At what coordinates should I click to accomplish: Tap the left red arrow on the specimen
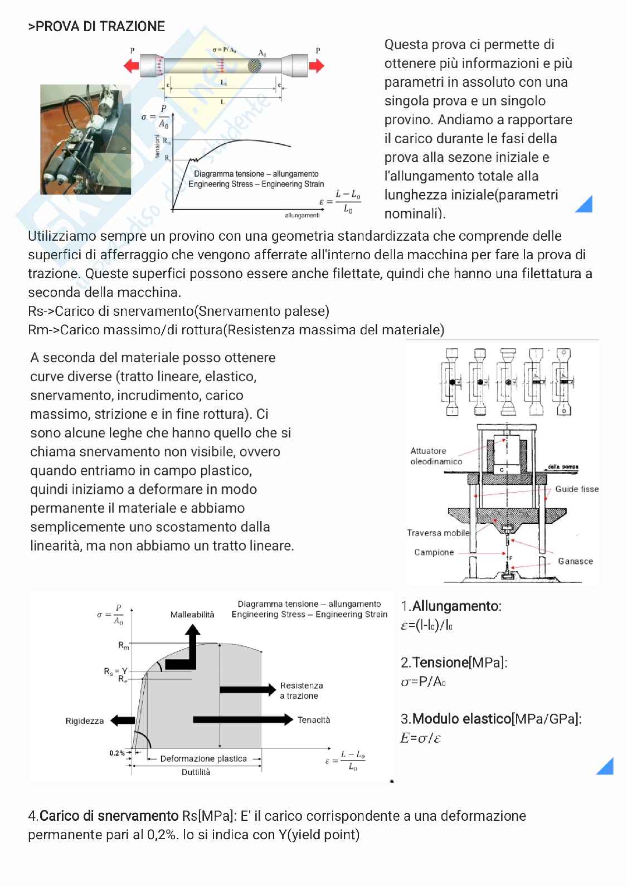[132, 66]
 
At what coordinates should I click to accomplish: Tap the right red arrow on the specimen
[316, 66]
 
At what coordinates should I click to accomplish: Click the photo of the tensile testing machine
[85, 139]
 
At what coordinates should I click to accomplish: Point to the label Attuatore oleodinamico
[436, 456]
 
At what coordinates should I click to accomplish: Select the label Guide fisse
[576, 489]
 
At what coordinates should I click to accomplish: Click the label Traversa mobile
[438, 533]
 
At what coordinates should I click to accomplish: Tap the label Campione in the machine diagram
[434, 552]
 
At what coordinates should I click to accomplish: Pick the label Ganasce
[575, 561]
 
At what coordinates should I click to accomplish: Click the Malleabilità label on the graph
[192, 615]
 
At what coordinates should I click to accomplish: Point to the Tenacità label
[314, 720]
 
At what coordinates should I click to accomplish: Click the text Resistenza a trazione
[301, 690]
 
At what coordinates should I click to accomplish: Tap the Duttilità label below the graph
[196, 772]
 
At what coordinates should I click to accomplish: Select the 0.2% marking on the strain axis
[117, 753]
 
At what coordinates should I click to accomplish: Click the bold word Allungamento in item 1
[456, 606]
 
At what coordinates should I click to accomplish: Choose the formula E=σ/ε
[421, 738]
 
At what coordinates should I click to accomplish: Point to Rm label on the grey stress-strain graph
[124, 645]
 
